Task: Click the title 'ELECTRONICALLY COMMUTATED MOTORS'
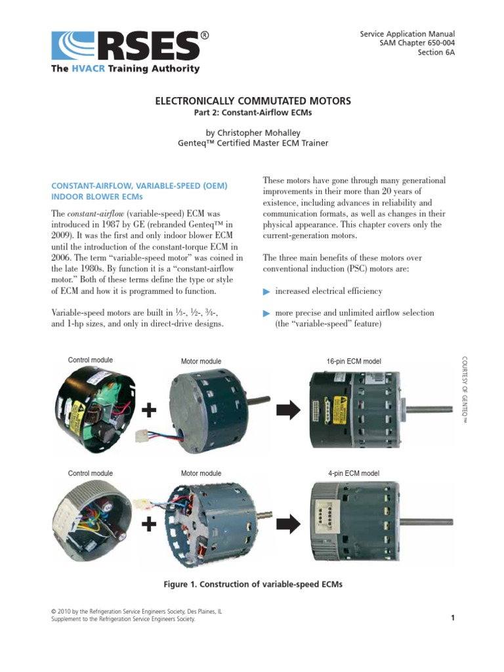pos(253,101)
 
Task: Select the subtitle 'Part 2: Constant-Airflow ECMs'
pos(253,114)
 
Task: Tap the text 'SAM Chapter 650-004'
pos(418,43)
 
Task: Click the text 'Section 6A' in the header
pos(436,53)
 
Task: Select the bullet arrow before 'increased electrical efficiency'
pos(266,291)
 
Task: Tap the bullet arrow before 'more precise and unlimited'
pos(266,313)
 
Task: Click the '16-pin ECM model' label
pos(354,361)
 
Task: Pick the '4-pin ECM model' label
pos(353,473)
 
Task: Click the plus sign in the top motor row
pos(150,411)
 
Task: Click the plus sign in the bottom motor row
pos(150,524)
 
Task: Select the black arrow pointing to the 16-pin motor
pos(289,411)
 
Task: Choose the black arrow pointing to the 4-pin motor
pos(289,524)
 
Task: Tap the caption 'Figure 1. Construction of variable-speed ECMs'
pos(253,584)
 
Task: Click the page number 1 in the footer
pos(453,618)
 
